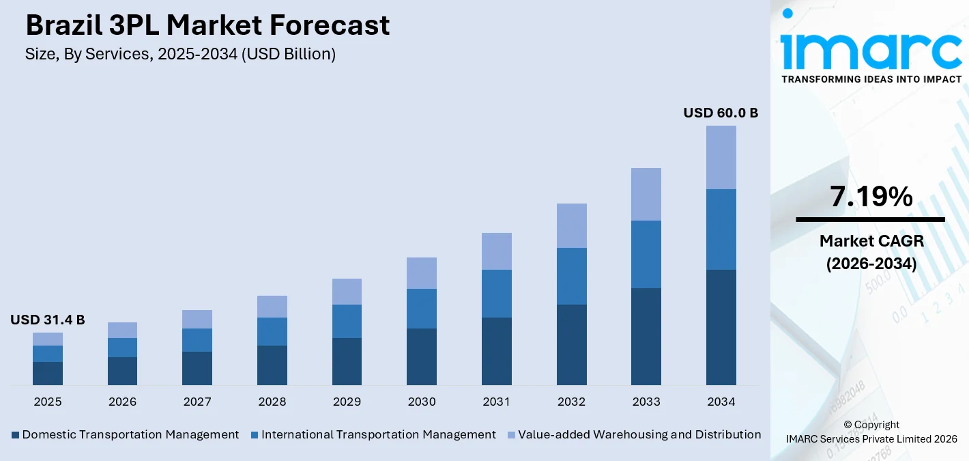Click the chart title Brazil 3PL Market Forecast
coord(207,26)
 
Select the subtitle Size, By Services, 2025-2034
coord(180,55)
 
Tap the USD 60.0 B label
coord(721,113)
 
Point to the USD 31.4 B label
coord(48,320)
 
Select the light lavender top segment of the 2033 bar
coord(646,194)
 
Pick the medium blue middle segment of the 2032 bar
coord(571,276)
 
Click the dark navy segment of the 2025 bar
coord(48,373)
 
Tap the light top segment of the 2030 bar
coord(421,273)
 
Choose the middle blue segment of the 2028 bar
coord(272,331)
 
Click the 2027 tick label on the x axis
coord(197,402)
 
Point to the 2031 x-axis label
coord(496,402)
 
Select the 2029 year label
coord(347,402)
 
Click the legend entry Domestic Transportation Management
coord(130,434)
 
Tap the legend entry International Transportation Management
coord(377,434)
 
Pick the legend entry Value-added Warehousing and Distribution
coord(639,434)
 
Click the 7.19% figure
coord(871,197)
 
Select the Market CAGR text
coord(871,240)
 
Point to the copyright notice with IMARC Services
coord(871,432)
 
